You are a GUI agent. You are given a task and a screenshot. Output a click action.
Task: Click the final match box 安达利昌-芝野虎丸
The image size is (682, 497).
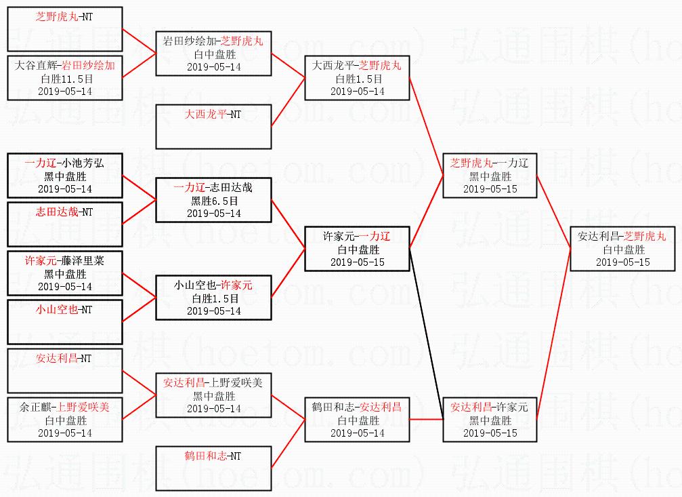[622, 249]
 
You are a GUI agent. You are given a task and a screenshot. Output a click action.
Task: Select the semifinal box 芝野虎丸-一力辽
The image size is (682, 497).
[489, 176]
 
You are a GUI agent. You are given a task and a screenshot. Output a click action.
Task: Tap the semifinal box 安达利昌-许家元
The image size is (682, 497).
[489, 420]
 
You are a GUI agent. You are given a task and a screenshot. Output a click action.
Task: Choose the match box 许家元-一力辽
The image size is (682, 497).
[357, 249]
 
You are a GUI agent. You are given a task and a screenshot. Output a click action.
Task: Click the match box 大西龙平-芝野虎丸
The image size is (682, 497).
[357, 78]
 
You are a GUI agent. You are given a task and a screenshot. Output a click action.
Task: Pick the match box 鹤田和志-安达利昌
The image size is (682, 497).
[357, 420]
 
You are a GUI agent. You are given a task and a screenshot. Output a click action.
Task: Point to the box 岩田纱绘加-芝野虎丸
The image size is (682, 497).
[213, 54]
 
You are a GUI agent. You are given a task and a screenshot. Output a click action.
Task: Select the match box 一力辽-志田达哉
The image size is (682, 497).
[213, 200]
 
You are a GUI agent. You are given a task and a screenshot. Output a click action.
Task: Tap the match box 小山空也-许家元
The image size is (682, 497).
[213, 298]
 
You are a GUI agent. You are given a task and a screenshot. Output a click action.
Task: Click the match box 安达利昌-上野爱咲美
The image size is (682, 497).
[213, 395]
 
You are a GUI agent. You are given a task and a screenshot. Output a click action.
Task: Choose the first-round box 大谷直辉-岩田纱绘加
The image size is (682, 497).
[65, 78]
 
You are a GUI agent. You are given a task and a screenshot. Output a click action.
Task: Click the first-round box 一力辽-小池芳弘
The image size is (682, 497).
[65, 176]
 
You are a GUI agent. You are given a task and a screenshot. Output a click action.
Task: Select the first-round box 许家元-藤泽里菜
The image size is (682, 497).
[65, 273]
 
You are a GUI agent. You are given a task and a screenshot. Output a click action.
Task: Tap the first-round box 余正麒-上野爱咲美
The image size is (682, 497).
[65, 420]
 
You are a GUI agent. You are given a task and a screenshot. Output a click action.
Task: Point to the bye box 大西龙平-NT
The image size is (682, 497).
[213, 127]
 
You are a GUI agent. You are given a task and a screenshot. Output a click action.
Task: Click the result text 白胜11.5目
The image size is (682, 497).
[65, 79]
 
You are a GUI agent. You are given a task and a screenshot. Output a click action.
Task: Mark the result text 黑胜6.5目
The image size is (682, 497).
[213, 201]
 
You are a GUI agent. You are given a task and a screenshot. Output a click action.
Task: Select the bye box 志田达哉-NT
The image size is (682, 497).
[65, 224]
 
